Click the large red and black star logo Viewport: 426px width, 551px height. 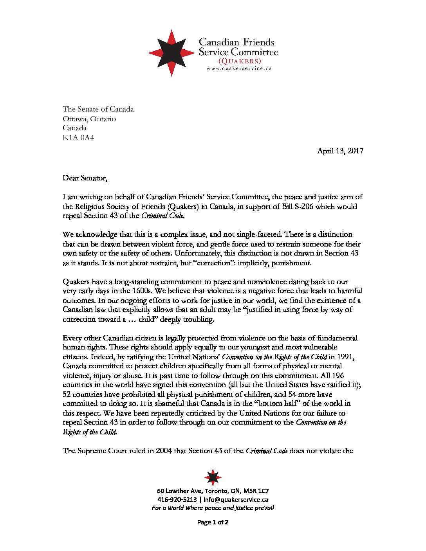(171, 52)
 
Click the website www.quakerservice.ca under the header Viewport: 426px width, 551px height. (239, 68)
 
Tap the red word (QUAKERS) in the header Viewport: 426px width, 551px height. (239, 61)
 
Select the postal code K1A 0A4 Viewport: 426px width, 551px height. (78, 137)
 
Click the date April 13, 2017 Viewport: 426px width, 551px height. (340, 151)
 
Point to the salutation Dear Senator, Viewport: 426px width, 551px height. (85, 178)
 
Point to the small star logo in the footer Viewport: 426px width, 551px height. (213, 477)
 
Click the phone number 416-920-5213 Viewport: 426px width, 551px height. (177, 499)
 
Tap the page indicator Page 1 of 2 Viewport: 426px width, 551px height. (213, 522)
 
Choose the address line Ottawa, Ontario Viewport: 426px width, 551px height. (89, 119)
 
